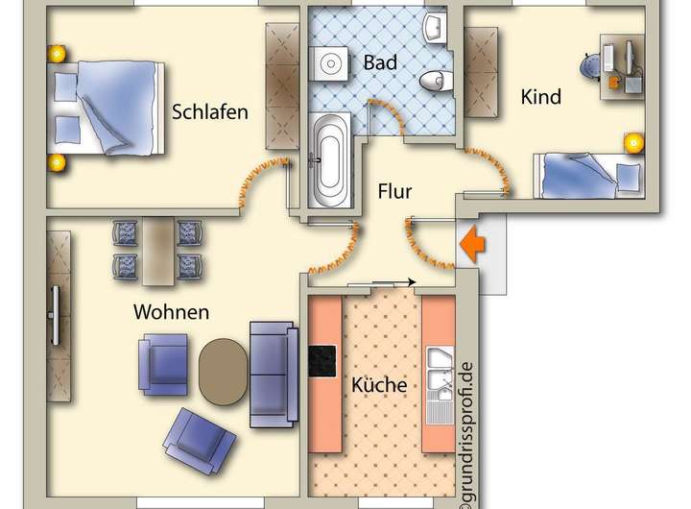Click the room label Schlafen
[209, 111]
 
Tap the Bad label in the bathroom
[381, 62]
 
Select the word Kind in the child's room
[540, 97]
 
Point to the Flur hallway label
[393, 192]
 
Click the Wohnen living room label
[171, 312]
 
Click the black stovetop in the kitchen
[321, 362]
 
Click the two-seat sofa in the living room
[274, 373]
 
